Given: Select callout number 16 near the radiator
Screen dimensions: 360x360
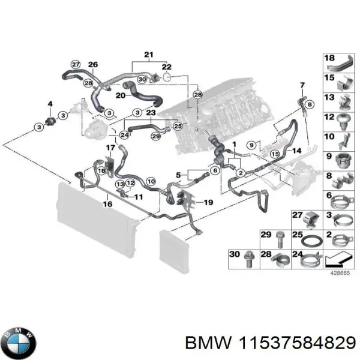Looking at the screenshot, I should (107, 204).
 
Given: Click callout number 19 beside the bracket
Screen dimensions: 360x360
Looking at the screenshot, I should (208, 203).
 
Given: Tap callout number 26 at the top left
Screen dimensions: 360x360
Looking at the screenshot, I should (92, 65).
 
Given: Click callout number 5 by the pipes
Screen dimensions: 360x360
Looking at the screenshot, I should (178, 175).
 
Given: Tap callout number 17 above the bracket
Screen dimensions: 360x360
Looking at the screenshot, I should (111, 147).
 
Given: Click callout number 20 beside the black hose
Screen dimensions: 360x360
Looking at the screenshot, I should (121, 95).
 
